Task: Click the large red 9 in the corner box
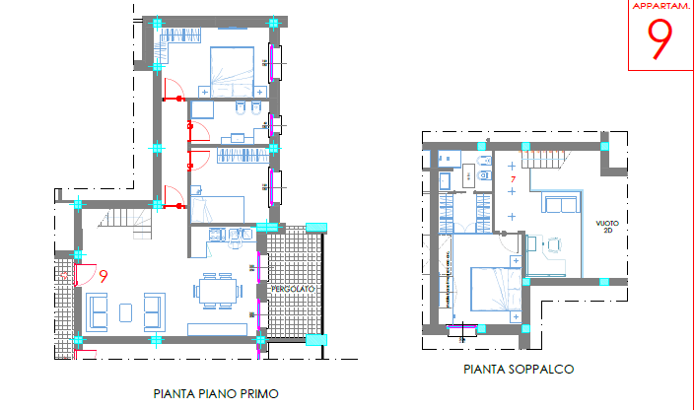coord(660,40)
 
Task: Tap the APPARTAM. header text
coord(660,7)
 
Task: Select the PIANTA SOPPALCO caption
coord(518,370)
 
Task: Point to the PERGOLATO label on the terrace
coord(292,290)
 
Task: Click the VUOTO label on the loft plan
coord(607,228)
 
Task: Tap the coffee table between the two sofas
coord(125,311)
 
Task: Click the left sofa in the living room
coord(98,311)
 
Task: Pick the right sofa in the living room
coord(153,311)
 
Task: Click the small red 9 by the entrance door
coord(103,277)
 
